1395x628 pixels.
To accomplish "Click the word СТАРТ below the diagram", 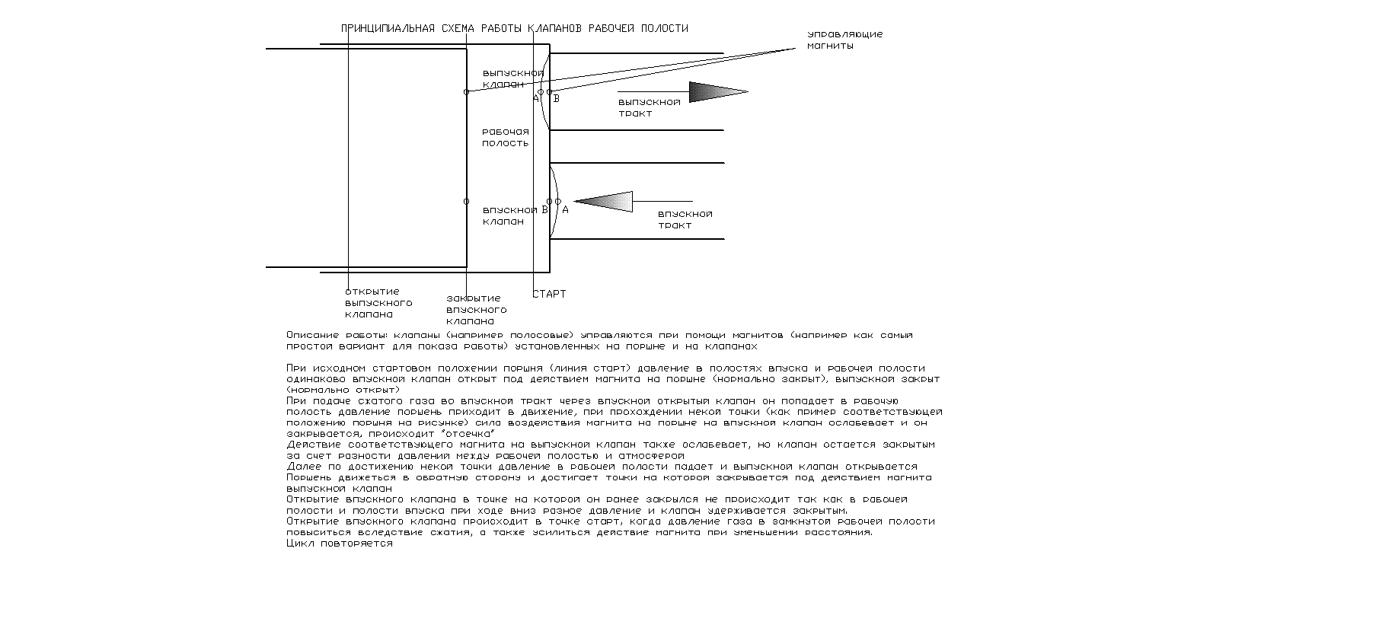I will tap(549, 294).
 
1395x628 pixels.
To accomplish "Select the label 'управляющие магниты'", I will tap(844, 40).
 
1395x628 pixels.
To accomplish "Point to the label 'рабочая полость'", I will tap(505, 138).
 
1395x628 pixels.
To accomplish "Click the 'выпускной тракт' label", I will tap(649, 107).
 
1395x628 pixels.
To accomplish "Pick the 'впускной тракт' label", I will tap(685, 220).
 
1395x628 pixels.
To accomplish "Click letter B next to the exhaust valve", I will tap(557, 98).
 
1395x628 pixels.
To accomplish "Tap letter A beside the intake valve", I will tap(565, 209).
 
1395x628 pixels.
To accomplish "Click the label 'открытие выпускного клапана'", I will tap(378, 303).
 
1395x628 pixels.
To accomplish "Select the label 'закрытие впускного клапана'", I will tap(475, 310).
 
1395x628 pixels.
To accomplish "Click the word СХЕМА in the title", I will tap(457, 29).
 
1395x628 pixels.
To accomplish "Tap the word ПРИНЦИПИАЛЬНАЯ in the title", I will tap(388, 29).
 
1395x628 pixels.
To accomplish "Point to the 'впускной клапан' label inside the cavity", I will tap(509, 215).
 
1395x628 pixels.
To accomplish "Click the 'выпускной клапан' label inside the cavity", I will tap(512, 78).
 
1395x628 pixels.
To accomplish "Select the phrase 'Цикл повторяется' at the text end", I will tap(340, 544).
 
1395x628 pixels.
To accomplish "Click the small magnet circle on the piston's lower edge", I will tap(467, 202).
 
